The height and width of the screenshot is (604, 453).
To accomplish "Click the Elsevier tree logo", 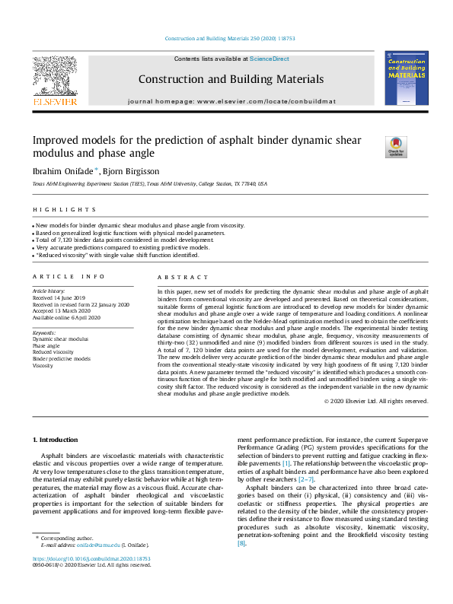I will coord(53,78).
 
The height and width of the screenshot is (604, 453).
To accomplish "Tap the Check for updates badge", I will coord(396,146).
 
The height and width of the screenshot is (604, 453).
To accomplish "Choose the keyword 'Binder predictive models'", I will coord(61,358).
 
